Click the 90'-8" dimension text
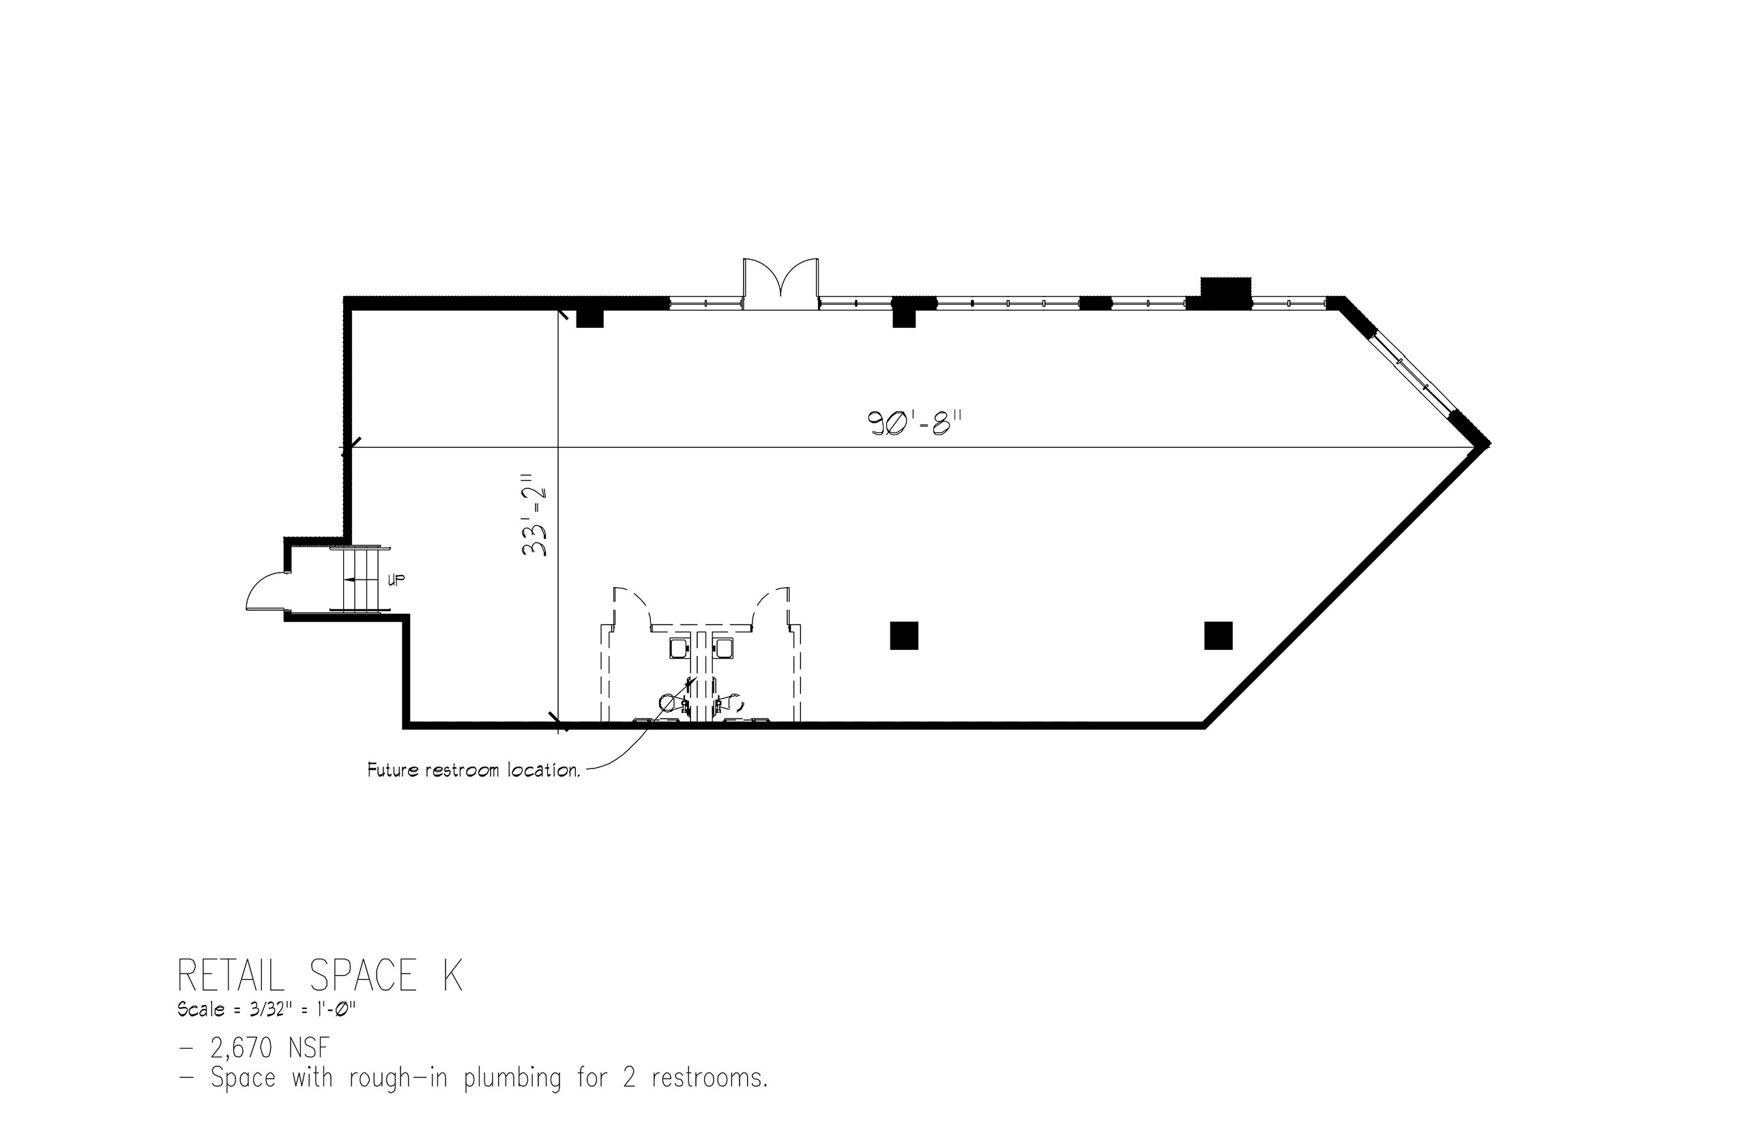coord(914,423)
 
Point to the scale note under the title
coord(266,1010)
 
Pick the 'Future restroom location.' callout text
coord(473,770)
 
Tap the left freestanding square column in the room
coord(903,635)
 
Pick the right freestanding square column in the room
coord(1218,635)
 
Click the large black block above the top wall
coord(1225,291)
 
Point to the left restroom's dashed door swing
coord(632,605)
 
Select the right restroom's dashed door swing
coord(770,605)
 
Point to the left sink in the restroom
coord(679,648)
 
